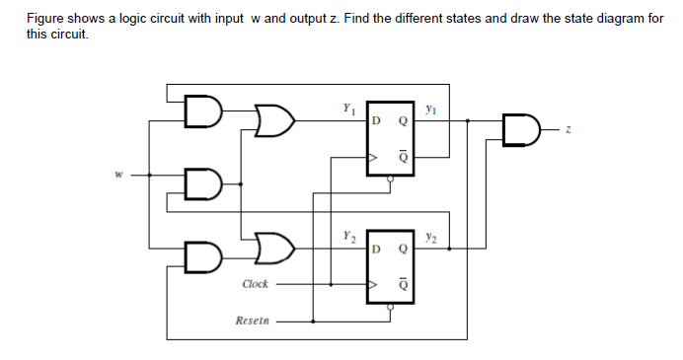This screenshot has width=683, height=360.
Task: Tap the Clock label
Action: click(255, 284)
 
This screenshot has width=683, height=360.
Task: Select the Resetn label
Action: click(253, 321)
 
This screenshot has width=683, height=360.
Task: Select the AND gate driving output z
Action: click(520, 129)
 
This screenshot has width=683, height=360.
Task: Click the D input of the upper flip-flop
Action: click(376, 121)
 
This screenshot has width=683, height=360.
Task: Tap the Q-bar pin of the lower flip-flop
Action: click(401, 283)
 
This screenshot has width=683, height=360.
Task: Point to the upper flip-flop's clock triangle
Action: click(373, 156)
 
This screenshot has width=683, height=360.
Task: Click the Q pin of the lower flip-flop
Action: click(401, 250)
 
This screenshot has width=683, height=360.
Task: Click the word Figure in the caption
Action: click(45, 19)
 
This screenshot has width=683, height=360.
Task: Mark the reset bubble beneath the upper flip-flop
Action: click(391, 180)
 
